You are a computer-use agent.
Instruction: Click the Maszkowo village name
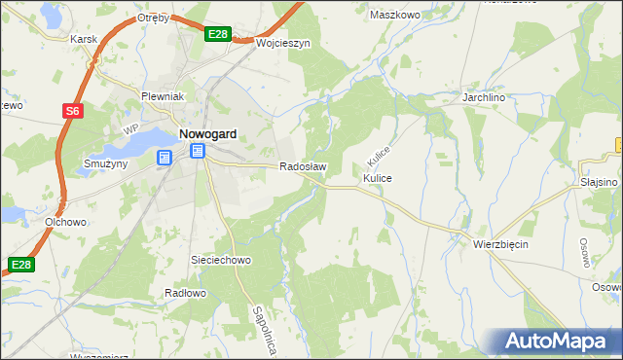[395, 15]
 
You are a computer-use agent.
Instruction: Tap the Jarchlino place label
[487, 98]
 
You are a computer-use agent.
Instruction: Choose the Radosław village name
[303, 166]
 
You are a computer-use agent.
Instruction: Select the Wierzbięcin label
[500, 244]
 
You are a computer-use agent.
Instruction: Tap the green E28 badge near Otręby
[218, 35]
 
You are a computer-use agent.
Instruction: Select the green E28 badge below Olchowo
[21, 264]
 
